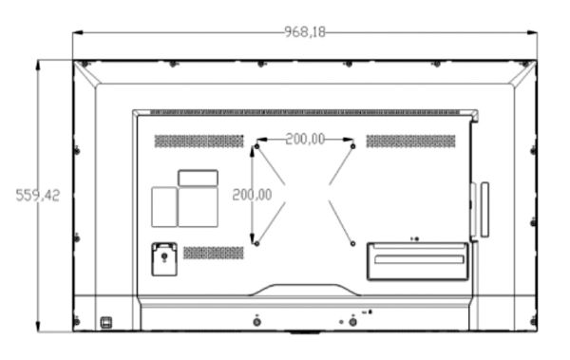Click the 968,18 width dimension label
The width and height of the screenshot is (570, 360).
point(304,32)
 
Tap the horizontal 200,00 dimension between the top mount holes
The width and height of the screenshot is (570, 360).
point(304,139)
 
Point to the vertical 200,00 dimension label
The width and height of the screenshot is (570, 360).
point(252,195)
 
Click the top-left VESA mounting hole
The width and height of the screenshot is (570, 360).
point(256,147)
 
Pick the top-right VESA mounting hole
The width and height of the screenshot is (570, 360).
point(353,147)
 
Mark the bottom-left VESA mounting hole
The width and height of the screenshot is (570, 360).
point(256,243)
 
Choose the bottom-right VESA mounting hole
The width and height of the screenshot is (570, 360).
point(353,243)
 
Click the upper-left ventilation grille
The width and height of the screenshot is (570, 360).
point(199,141)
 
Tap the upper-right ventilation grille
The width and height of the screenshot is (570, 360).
point(410,141)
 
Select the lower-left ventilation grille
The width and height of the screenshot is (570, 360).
point(214,253)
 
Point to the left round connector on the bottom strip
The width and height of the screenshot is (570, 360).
point(256,321)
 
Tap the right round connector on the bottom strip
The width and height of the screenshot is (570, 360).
point(353,321)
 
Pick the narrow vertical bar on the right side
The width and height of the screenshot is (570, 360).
point(484,210)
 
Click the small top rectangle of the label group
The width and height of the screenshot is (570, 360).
point(198,178)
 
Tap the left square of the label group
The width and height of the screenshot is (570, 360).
point(164,206)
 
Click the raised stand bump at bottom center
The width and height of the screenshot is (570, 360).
point(304,289)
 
